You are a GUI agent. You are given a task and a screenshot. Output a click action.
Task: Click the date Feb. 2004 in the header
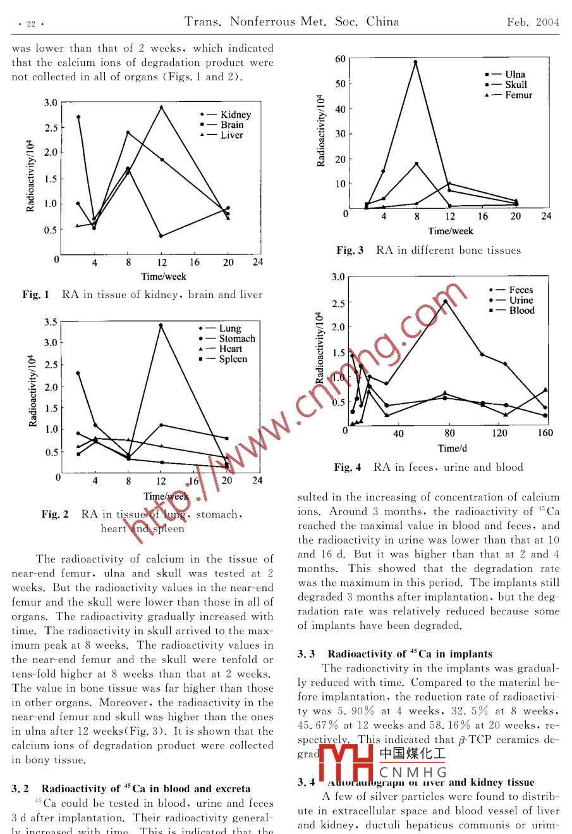(533, 23)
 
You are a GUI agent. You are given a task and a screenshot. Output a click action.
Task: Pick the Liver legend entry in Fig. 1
(231, 135)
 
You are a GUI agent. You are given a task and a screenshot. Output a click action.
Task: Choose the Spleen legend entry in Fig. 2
(233, 359)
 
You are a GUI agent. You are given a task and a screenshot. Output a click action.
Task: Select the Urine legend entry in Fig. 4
(521, 300)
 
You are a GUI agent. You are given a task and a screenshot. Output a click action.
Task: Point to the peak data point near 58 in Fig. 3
(416, 62)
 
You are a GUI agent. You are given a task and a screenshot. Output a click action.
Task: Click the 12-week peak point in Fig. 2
(161, 325)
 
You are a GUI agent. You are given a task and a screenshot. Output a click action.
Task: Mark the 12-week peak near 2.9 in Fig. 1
(162, 107)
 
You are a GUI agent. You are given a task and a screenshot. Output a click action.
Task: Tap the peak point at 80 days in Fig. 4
(446, 301)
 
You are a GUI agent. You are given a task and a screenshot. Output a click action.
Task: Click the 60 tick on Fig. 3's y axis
(340, 59)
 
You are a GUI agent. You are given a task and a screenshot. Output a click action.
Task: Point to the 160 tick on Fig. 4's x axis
(545, 433)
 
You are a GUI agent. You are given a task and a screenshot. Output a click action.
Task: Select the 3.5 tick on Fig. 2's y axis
(51, 322)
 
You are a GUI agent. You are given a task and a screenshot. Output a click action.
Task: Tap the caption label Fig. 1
(35, 294)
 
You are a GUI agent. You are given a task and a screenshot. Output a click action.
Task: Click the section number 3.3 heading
(306, 654)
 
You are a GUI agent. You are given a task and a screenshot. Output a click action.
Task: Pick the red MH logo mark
(346, 763)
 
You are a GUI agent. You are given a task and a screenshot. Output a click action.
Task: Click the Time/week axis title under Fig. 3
(450, 231)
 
